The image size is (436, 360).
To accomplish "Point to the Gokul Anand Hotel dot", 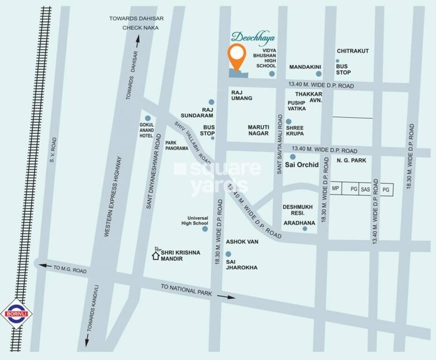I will coord(148,118).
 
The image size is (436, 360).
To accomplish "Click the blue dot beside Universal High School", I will coord(205,229).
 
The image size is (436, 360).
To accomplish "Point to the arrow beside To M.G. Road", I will coord(42,265).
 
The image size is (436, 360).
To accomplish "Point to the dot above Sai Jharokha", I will coord(228,254).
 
